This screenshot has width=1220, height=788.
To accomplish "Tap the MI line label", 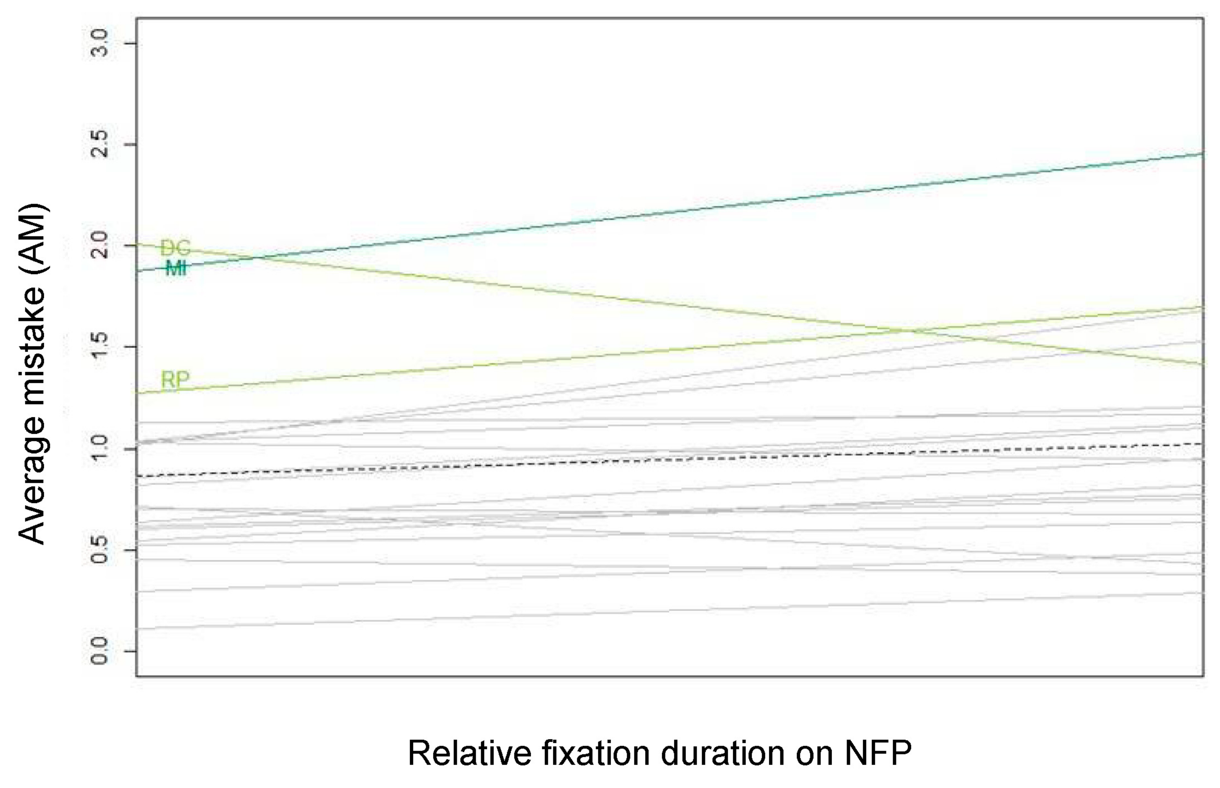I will click(x=176, y=268).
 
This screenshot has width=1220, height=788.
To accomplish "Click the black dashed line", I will click(x=665, y=460).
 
